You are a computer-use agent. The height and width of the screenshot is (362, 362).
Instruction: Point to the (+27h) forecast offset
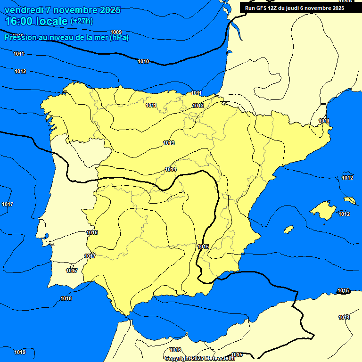(82, 21)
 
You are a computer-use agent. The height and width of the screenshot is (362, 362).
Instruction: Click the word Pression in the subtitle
(19, 37)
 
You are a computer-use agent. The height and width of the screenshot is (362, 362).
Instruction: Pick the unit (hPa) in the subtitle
(119, 37)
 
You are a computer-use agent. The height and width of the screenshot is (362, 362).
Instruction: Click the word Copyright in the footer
(177, 358)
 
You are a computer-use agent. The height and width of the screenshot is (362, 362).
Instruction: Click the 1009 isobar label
(116, 32)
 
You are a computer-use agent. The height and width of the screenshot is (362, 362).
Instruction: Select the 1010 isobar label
(143, 62)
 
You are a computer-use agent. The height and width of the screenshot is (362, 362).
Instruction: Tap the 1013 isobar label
(169, 143)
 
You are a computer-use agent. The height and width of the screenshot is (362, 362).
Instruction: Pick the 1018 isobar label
(66, 298)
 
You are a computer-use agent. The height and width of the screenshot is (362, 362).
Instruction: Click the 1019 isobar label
(20, 352)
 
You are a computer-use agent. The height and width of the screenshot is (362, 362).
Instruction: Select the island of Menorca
(350, 200)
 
